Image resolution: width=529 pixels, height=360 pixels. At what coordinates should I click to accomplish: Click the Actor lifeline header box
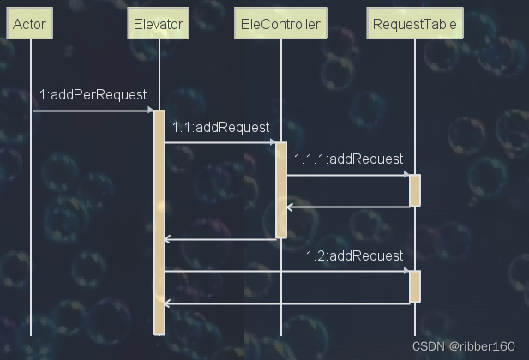(x=30, y=24)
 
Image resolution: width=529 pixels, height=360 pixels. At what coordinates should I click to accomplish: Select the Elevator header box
(x=159, y=24)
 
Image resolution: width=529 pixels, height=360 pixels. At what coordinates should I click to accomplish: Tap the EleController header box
(x=280, y=24)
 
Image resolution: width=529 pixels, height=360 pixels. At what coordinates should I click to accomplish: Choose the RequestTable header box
(x=415, y=24)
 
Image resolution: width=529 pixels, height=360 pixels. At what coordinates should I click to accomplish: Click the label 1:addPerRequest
(x=93, y=94)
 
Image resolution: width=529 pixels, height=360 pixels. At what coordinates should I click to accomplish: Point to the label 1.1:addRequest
(x=220, y=127)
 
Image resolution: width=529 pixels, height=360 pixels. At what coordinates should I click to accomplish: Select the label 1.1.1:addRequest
(x=348, y=159)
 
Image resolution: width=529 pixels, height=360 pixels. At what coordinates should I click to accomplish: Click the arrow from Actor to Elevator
(x=93, y=110)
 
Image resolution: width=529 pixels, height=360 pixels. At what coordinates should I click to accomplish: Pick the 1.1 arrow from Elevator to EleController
(x=220, y=142)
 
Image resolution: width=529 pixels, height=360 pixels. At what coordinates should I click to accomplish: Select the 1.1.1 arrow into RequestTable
(x=348, y=175)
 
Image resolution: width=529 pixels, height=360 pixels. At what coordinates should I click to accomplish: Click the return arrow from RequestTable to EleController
(x=348, y=207)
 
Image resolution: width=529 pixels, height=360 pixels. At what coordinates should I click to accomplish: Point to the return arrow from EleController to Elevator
(x=220, y=239)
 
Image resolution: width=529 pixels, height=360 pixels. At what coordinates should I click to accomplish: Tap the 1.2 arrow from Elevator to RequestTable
(x=287, y=272)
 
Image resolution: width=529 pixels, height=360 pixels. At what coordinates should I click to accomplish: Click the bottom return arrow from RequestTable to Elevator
(x=287, y=303)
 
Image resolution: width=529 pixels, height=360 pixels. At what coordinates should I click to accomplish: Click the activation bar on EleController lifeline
(x=280, y=189)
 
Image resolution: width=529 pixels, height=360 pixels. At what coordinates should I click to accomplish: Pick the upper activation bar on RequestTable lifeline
(x=415, y=190)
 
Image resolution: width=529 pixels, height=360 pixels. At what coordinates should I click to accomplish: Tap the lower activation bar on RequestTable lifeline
(x=415, y=286)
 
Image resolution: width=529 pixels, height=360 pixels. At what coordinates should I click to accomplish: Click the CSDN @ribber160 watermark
(x=463, y=346)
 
